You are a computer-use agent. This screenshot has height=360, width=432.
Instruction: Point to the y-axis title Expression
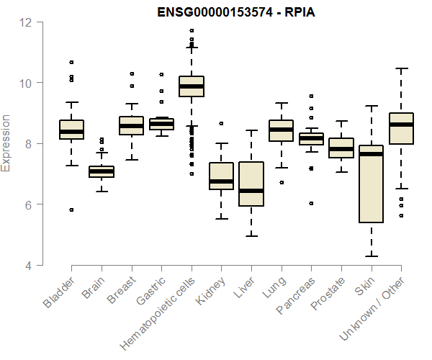tap(7, 143)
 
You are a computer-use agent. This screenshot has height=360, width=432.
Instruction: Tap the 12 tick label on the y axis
tap(27, 22)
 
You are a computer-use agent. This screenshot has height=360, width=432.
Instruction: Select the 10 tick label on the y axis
tap(27, 83)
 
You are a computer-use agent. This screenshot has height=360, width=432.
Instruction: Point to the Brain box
tap(102, 171)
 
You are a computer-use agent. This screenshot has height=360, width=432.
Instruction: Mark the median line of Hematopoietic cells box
tap(192, 86)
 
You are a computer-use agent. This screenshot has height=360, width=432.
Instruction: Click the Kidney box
tap(221, 176)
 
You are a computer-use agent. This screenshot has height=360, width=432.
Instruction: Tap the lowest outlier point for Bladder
tap(71, 210)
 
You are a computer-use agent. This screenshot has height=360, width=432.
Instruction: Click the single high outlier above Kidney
tap(221, 123)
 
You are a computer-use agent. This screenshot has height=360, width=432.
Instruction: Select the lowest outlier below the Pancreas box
tap(311, 204)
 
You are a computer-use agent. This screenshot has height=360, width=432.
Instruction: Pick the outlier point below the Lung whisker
tap(281, 182)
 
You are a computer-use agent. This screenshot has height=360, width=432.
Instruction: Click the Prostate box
tap(341, 148)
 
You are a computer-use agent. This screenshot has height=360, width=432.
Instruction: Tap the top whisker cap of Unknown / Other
tap(401, 68)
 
